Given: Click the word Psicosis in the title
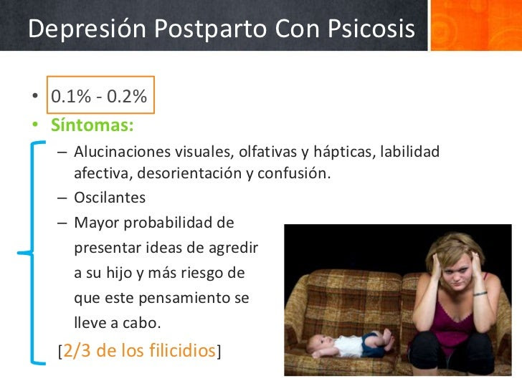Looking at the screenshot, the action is click(371, 29).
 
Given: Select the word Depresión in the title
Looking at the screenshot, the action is click(87, 29).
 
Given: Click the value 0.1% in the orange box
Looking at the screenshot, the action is click(71, 96).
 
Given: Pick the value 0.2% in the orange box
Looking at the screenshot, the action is click(127, 96).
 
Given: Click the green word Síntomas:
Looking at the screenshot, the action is click(92, 125).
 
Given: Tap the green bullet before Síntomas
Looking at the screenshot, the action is click(35, 125).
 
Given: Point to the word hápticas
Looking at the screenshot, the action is click(342, 153).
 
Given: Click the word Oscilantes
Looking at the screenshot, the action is click(110, 198).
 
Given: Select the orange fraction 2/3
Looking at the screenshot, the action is click(77, 350).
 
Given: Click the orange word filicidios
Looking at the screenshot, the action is click(182, 350).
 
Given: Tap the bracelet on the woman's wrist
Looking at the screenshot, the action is click(480, 294).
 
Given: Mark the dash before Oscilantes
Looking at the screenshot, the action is click(62, 198).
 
